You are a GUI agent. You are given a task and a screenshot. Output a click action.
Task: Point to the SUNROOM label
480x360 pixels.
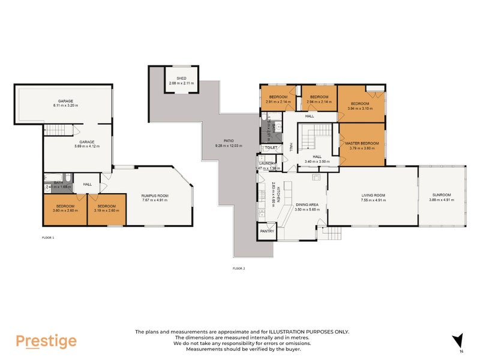tap(441, 195)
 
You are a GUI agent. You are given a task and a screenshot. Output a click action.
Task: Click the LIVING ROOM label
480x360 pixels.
tap(373, 195)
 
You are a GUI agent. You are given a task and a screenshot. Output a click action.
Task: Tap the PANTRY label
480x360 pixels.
tap(266, 231)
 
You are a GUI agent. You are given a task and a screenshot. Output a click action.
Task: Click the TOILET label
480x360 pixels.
tap(271, 148)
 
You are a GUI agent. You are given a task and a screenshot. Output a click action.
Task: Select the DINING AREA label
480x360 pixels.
tap(306, 205)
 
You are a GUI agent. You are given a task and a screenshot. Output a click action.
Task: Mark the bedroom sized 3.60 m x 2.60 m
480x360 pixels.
tap(64, 209)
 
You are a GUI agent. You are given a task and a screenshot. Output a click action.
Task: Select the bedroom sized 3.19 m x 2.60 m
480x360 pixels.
tap(106, 209)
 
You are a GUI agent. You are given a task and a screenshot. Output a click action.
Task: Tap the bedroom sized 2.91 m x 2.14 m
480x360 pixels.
tap(278, 99)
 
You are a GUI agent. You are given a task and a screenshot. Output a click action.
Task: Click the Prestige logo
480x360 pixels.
tap(46, 341)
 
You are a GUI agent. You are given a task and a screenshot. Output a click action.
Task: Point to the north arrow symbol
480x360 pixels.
tap(458, 340)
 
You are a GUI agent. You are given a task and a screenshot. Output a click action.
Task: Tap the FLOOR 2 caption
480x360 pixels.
tap(239, 268)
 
